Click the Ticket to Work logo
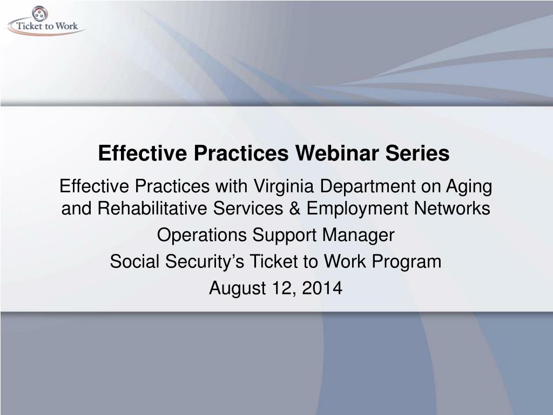(x=46, y=21)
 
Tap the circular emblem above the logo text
(x=40, y=14)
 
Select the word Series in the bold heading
(x=417, y=153)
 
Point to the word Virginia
(x=284, y=186)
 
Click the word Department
(x=367, y=186)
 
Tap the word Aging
(x=469, y=186)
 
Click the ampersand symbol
(x=294, y=208)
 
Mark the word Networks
(x=452, y=208)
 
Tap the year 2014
(x=322, y=288)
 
